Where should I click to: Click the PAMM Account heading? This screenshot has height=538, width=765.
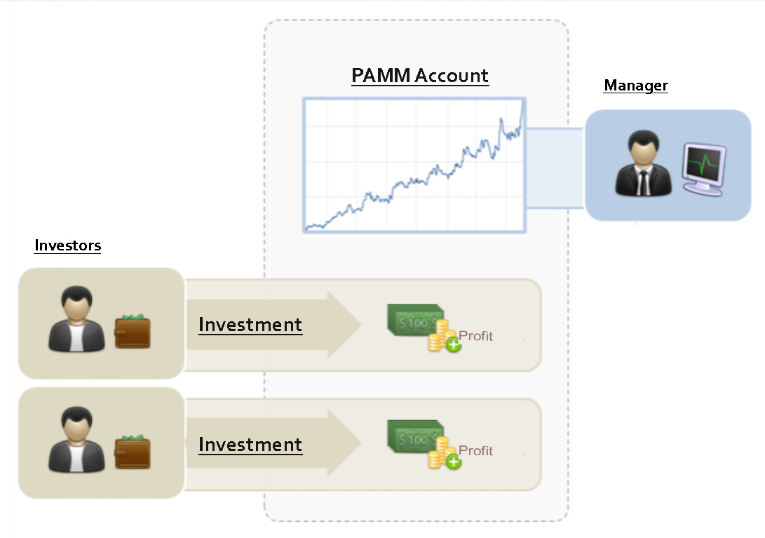coord(419,76)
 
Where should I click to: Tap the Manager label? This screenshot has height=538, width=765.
coord(635,86)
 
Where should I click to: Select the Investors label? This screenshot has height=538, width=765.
coord(67,246)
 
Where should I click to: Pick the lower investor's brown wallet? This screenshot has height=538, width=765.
coord(133,453)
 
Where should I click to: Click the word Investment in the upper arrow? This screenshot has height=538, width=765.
coord(250,325)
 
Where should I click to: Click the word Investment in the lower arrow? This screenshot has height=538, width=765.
coord(250,445)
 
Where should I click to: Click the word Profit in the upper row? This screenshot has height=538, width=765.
coord(475,336)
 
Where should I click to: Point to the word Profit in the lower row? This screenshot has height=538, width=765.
coord(475,451)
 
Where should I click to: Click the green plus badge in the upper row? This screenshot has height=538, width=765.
coord(453,344)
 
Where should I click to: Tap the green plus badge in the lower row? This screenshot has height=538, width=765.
coord(453,462)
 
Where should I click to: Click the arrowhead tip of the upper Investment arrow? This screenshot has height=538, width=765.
coord(360,325)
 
